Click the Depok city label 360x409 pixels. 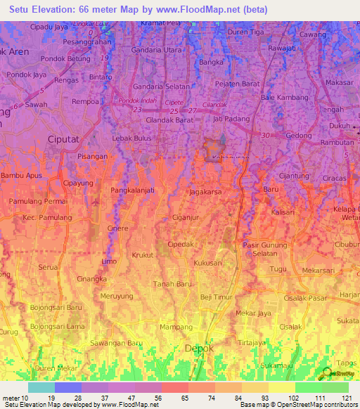[x=198, y=348]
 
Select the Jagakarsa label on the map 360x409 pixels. [x=208, y=190]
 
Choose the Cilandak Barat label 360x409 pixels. [x=169, y=120]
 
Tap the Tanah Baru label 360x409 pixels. [x=172, y=284]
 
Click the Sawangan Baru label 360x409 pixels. [x=116, y=342]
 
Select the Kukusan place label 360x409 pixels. [x=207, y=261]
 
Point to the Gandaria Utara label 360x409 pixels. [x=156, y=51]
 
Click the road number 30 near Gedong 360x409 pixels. [x=265, y=135]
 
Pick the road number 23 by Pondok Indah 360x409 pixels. [x=137, y=110]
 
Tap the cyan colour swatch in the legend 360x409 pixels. [x=41, y=387]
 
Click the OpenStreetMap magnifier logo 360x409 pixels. [x=326, y=375]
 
